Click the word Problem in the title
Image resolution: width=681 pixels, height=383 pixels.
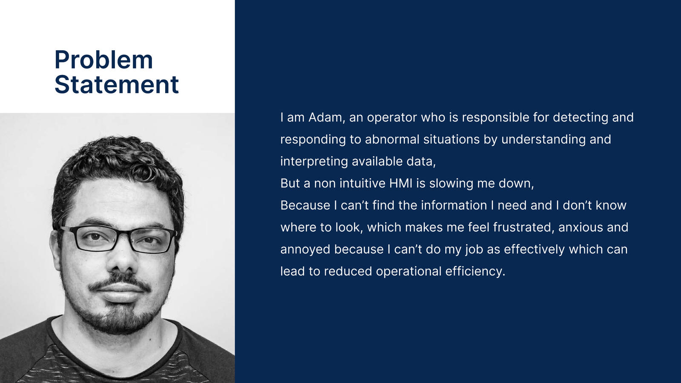[104, 60]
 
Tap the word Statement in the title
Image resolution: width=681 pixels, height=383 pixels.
[117, 84]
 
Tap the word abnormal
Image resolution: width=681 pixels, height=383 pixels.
[392, 140]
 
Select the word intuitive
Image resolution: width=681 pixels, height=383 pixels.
[363, 183]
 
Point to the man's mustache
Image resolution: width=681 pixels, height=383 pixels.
[119, 282]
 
